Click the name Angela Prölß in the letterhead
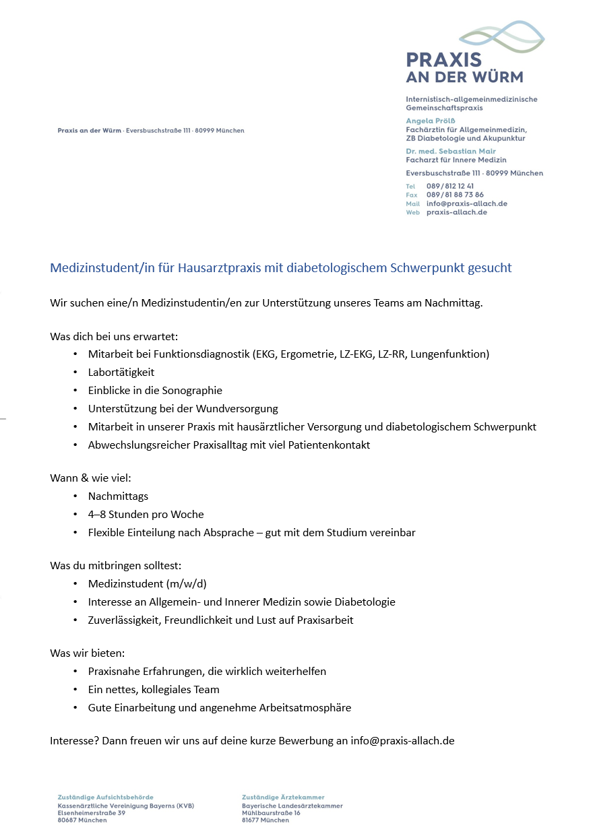tap(431, 121)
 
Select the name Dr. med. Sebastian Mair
tap(450, 152)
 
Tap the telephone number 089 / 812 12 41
tap(449, 186)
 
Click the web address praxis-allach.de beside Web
tap(456, 212)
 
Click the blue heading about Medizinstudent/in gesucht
tap(280, 268)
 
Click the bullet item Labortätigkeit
tap(121, 372)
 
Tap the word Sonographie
tap(191, 390)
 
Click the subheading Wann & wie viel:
tap(90, 478)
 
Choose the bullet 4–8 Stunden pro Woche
tap(146, 514)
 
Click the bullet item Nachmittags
tap(118, 496)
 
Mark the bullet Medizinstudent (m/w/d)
tap(152, 583)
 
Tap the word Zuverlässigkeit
tap(125, 620)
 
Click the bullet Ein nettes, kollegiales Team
tap(154, 689)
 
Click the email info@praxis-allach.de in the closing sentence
tap(402, 740)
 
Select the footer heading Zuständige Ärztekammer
tap(283, 798)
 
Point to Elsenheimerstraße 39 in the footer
tap(91, 813)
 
